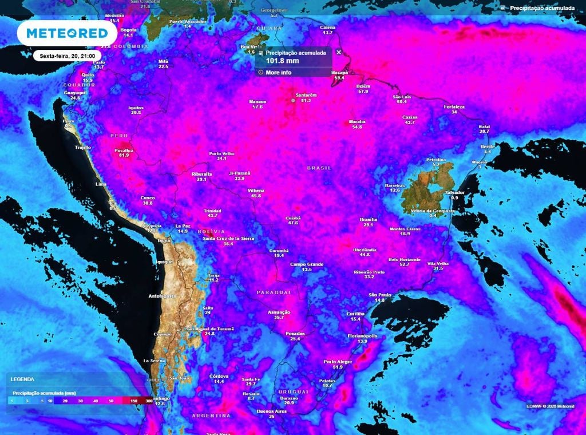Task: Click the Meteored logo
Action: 62,33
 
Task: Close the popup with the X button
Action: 338,52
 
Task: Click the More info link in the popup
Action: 278,73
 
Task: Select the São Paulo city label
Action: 380,294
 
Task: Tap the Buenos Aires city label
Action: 272,411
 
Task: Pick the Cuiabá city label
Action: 293,217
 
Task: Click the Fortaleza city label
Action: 454,106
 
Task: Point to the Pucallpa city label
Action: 124,150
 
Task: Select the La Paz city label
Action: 182,226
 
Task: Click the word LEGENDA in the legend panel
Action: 22,379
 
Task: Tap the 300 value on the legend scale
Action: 148,401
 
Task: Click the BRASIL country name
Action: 319,168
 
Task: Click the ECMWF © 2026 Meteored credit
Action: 550,406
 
